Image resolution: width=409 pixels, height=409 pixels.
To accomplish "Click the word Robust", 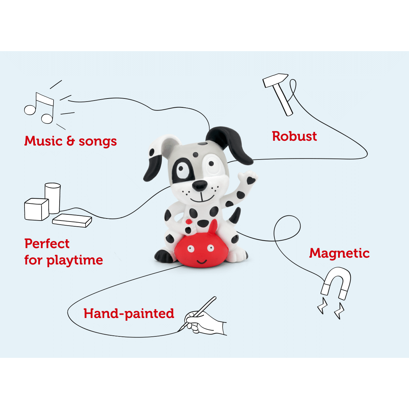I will (x=294, y=136).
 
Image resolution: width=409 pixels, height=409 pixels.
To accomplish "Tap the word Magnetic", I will (x=339, y=253).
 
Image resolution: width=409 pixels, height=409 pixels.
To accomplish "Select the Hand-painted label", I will (x=129, y=313).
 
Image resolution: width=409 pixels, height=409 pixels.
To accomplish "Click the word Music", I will (x=43, y=141).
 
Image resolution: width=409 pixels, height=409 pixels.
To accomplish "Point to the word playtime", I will (x=75, y=260).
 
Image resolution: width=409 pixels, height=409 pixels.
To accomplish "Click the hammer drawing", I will (x=279, y=93).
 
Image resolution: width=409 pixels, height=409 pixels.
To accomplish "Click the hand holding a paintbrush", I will (x=204, y=320).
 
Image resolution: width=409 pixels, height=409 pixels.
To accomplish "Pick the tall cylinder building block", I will (x=53, y=197).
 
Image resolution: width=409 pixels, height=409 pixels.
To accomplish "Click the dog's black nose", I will (x=199, y=185).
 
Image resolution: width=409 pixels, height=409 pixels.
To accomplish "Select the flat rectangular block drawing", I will (x=72, y=220).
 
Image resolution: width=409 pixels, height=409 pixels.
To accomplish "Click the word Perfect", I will (x=47, y=244).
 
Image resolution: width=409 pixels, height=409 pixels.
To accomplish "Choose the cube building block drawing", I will (x=36, y=209).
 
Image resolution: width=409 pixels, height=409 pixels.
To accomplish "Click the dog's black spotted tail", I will (x=236, y=216).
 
